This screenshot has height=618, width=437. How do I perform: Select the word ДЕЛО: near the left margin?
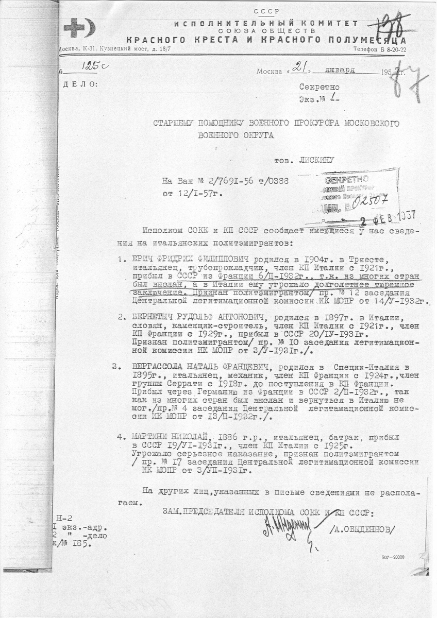coord(79,83)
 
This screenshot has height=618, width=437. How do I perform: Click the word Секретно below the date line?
coord(319,87)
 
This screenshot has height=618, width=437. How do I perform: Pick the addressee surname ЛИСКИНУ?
coord(316,160)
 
